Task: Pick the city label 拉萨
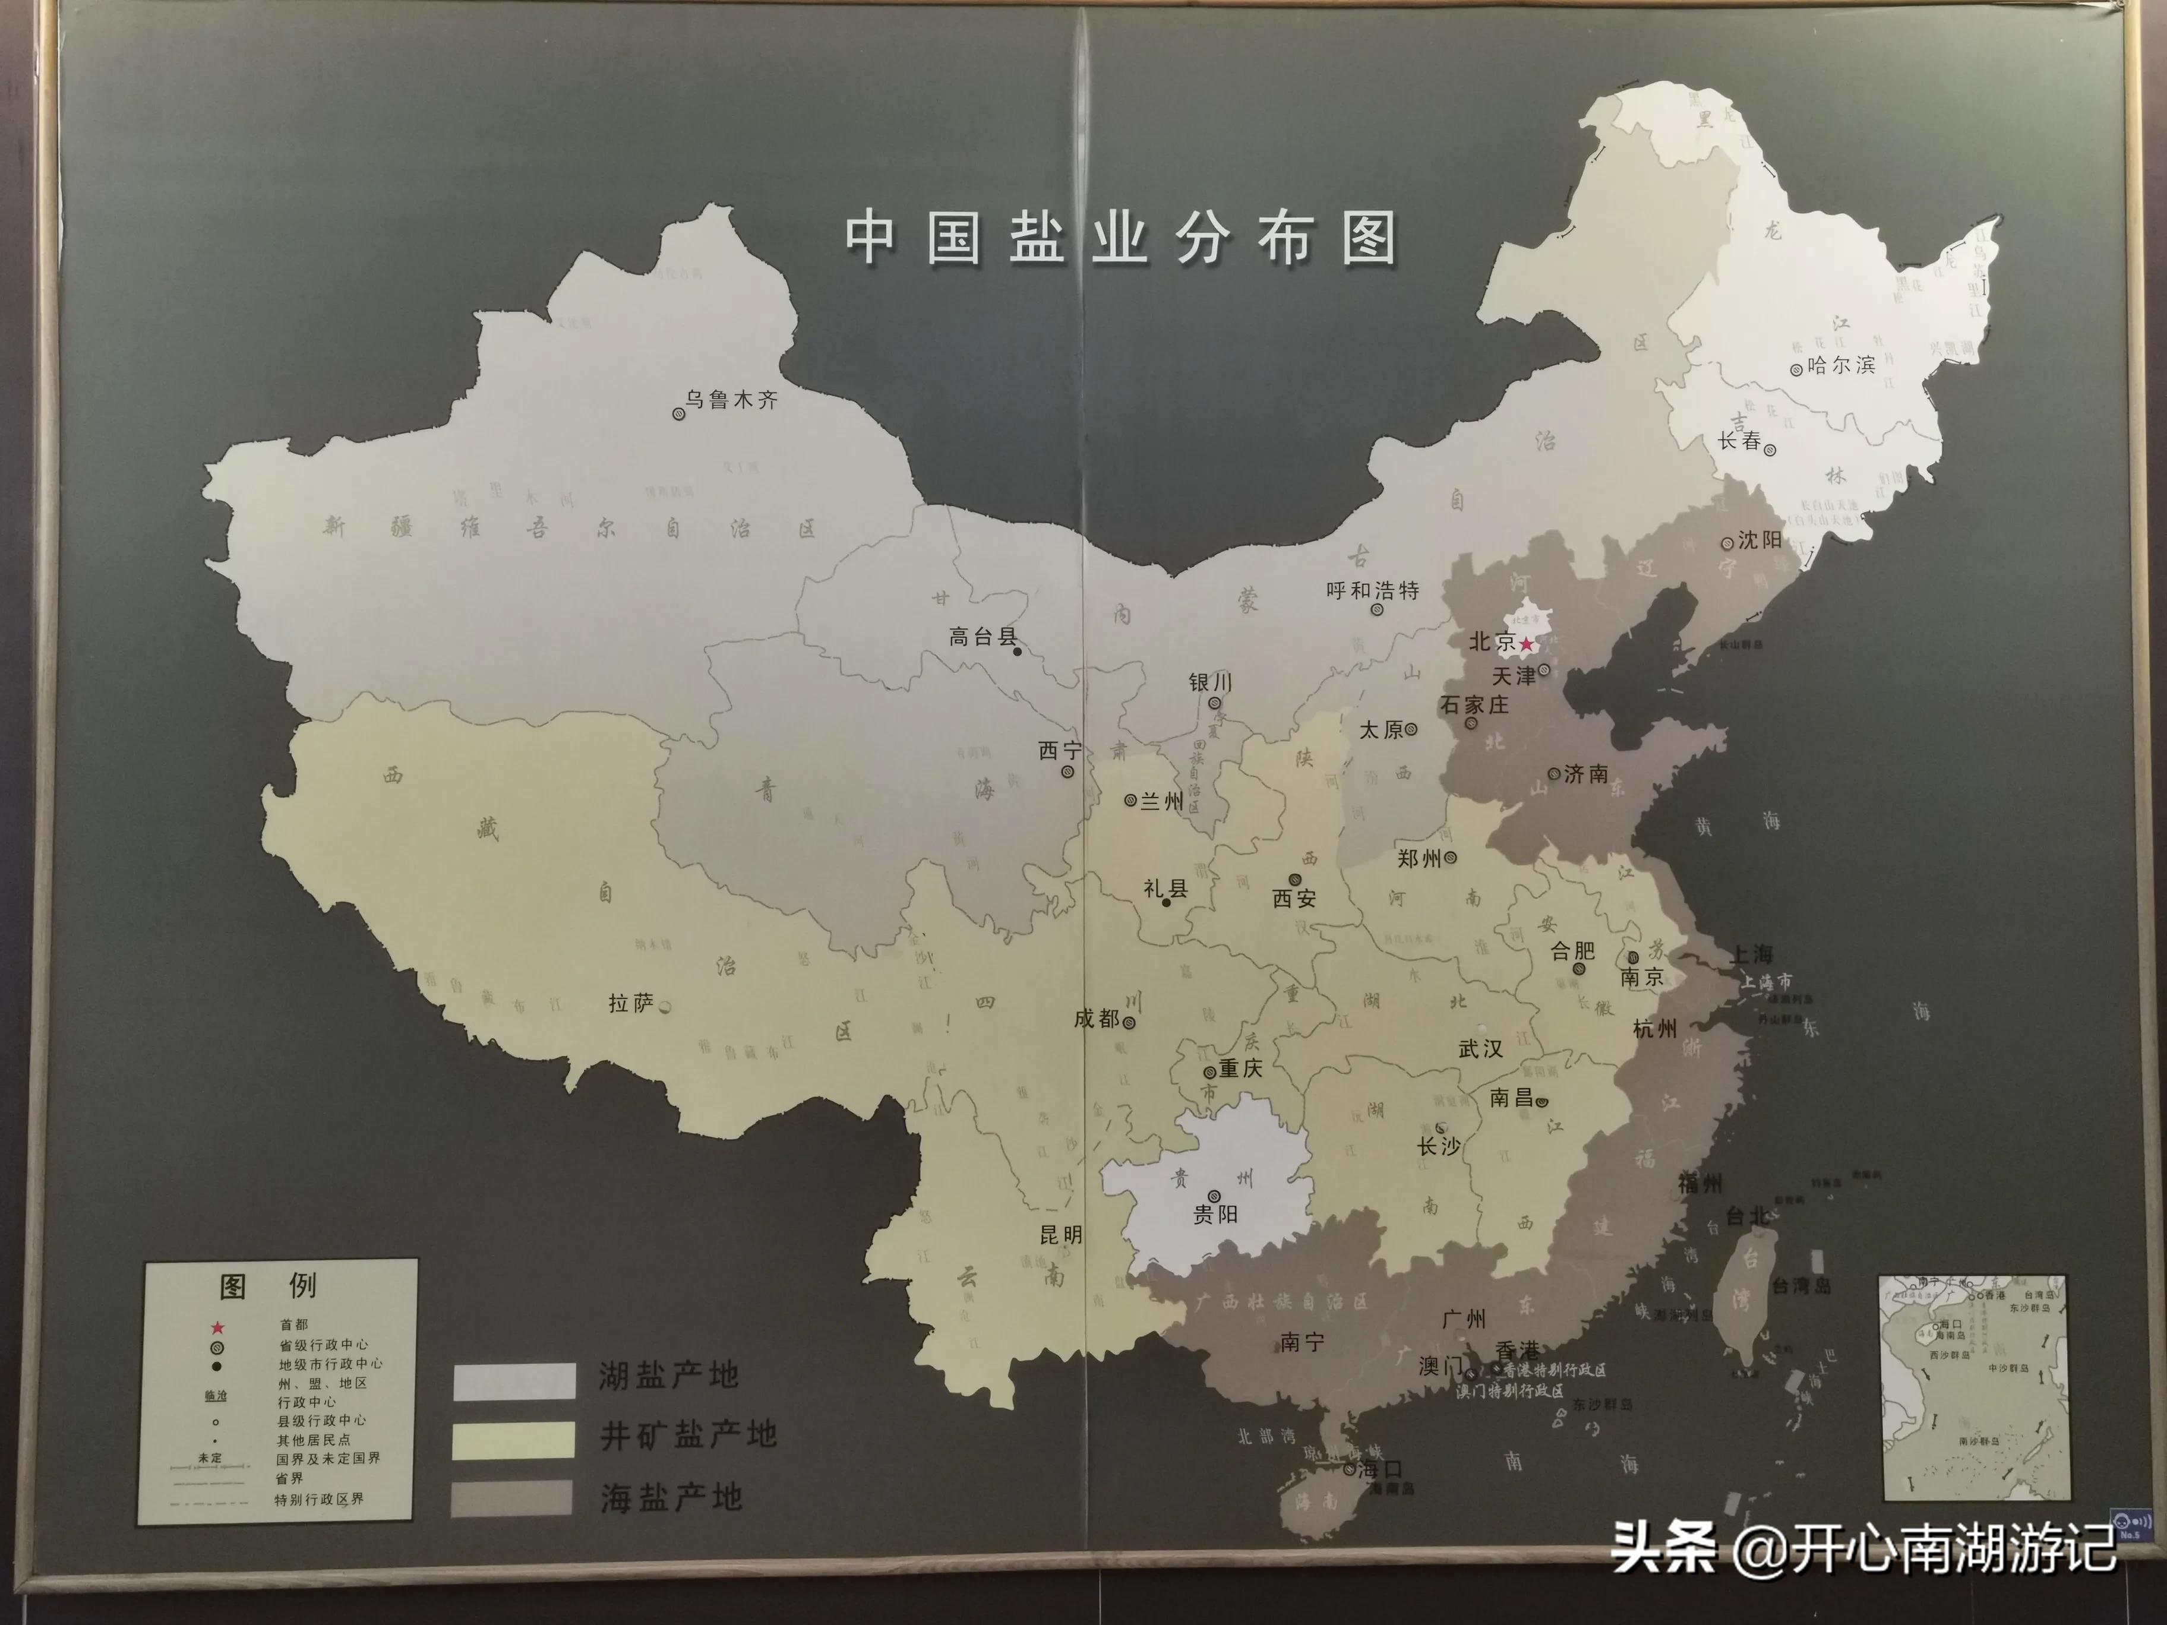coord(631,1004)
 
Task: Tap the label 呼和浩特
coord(1373,590)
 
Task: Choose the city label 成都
coord(1096,1019)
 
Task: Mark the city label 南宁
coord(1303,1342)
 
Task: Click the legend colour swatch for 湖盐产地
coord(513,1380)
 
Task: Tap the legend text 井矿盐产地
coord(688,1436)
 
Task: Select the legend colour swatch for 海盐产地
coord(511,1498)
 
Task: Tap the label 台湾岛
coord(1802,1286)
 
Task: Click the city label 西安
coord(1294,898)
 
